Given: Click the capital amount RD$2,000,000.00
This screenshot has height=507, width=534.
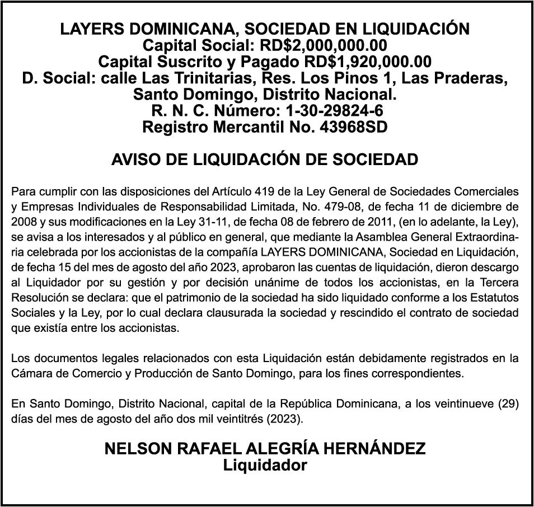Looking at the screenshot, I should (324, 45).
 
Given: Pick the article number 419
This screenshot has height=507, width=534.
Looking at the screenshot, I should (264, 191).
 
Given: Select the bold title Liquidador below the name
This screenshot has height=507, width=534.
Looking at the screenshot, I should (265, 465).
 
